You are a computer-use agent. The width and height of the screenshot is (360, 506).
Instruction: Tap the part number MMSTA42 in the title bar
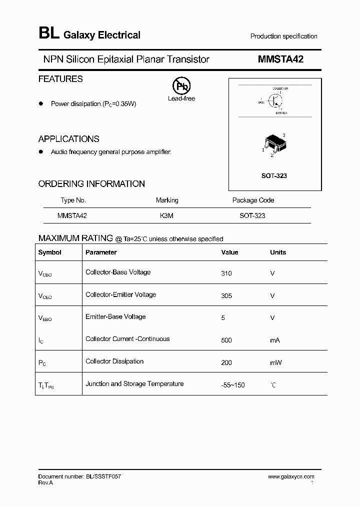pos(280,59)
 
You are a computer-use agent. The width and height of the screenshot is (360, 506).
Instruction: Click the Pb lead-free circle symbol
pos(181,86)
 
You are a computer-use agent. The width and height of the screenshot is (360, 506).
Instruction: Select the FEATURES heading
pos(60,79)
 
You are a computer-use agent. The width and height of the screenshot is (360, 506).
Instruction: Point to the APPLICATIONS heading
pos(68,139)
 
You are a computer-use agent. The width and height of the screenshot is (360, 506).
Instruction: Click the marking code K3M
pos(166,215)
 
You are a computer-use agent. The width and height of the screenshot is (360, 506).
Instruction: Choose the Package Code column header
pos(253,200)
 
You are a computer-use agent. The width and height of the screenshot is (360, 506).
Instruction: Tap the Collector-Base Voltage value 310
pos(226,273)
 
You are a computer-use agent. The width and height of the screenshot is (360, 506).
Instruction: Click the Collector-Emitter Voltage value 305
pos(226,295)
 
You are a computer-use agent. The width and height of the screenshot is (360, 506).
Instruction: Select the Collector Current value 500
pos(226,340)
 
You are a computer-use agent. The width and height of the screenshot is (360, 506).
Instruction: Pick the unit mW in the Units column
pos(276,362)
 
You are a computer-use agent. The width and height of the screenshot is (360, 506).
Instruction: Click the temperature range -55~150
pos(233,385)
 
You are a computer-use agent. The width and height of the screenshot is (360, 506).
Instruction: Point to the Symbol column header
pos(49,252)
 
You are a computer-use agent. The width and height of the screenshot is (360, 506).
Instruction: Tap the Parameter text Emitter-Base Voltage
pos(115,317)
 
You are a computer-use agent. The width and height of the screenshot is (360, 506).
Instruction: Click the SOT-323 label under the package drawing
pos(274,176)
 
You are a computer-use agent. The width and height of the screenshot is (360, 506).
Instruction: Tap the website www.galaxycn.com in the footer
pos(291,477)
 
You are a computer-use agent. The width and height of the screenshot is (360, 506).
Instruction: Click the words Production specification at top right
pos(283,36)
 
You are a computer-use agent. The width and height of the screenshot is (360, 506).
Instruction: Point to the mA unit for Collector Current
pos(275,340)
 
